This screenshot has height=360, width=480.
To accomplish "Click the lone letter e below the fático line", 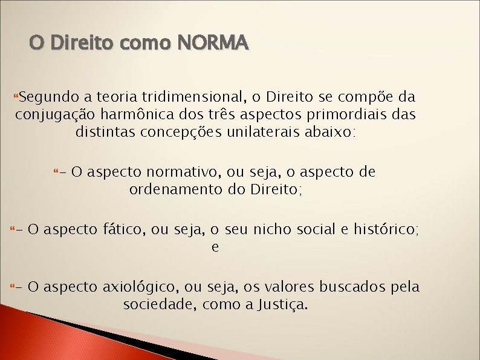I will coord(215,247).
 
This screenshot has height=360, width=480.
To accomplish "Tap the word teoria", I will coord(115,96).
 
